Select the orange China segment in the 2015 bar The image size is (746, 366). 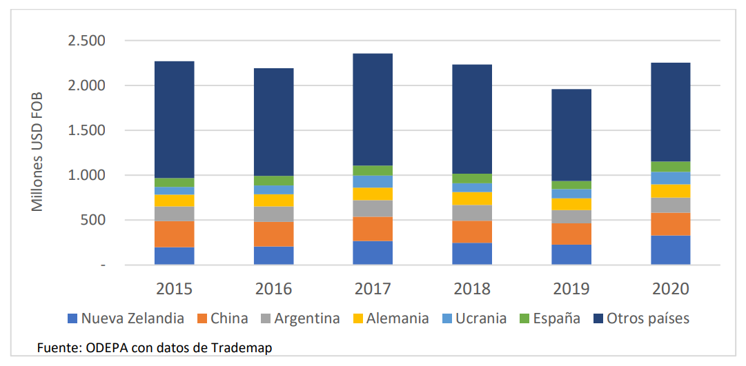click(x=174, y=234)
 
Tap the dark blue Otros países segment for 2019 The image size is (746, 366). click(x=571, y=135)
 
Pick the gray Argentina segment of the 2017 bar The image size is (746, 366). click(x=373, y=208)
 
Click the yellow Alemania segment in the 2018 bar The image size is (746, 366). click(x=472, y=199)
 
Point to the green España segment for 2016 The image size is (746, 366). click(x=273, y=181)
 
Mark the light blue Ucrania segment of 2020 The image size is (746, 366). click(x=670, y=178)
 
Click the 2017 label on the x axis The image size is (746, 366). click(x=373, y=288)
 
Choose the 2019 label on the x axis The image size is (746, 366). click(x=571, y=288)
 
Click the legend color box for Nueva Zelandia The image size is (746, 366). click(x=72, y=318)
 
